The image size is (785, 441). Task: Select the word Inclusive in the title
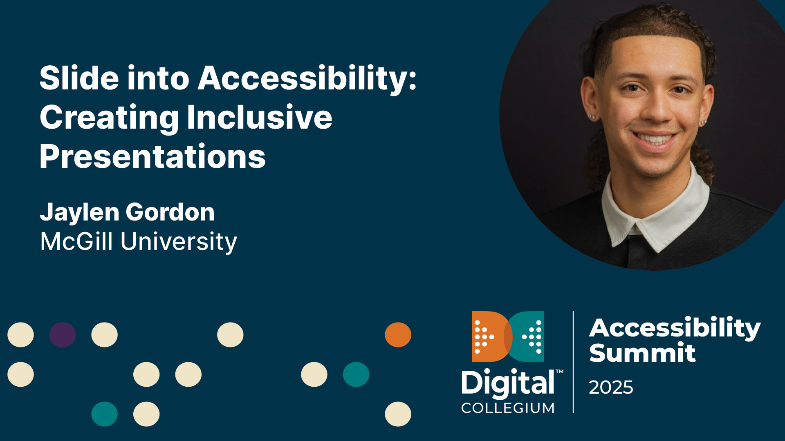(x=259, y=118)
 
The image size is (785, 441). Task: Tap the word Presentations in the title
(x=153, y=157)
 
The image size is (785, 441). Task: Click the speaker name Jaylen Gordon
(x=127, y=212)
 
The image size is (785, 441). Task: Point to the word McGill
(x=76, y=241)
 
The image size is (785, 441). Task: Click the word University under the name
(x=179, y=242)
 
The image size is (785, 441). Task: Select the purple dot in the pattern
(x=63, y=335)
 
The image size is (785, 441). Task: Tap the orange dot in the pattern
(x=398, y=335)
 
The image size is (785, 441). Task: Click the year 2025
(x=611, y=387)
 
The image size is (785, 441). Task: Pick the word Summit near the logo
(x=642, y=353)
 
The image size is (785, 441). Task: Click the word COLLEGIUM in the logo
(x=508, y=408)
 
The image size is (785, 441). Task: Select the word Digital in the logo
(x=508, y=383)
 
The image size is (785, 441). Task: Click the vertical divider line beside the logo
(x=573, y=362)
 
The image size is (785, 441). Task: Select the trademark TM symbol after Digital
(x=559, y=372)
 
